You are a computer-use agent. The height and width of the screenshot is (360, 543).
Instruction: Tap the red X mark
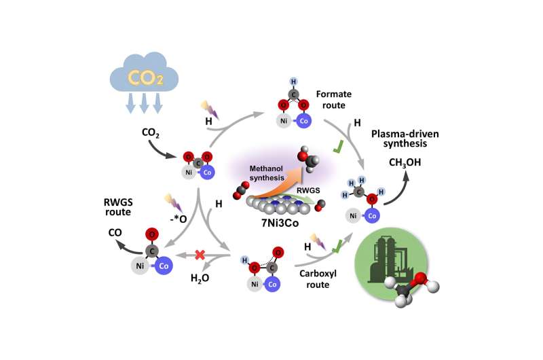200,255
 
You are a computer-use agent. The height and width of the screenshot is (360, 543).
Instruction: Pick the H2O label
201,278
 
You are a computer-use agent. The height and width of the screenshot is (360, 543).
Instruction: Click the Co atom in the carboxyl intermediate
273,285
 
